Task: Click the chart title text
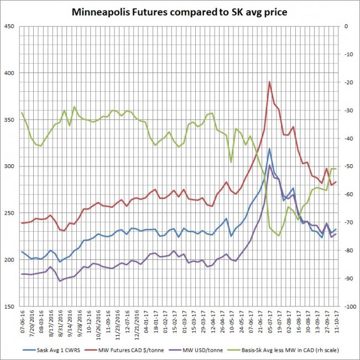tap(180, 12)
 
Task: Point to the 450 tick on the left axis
tap(10, 26)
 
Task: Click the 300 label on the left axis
tap(10, 166)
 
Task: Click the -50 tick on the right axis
tap(348, 166)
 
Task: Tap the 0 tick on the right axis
tap(346, 26)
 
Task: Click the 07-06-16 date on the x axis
tap(23, 324)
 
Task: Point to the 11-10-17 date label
tap(336, 324)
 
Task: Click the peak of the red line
tap(269, 82)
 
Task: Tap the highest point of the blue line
tap(269, 149)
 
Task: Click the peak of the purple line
tap(269, 165)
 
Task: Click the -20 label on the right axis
tap(348, 82)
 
